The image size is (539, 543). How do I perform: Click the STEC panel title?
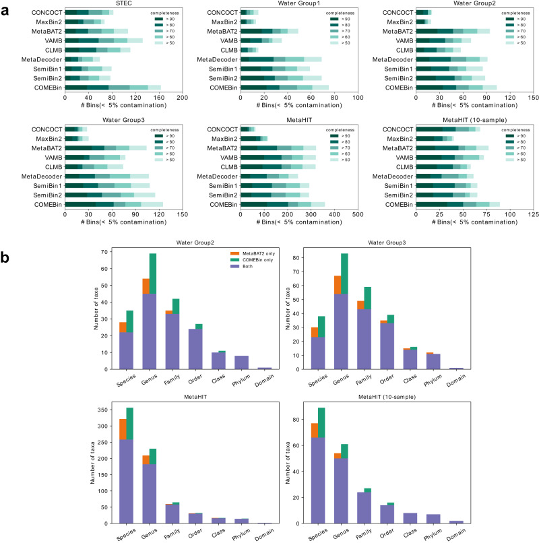coord(123,5)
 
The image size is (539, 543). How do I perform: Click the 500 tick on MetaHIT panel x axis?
coord(358,216)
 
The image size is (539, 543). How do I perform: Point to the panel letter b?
coord(5,238)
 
